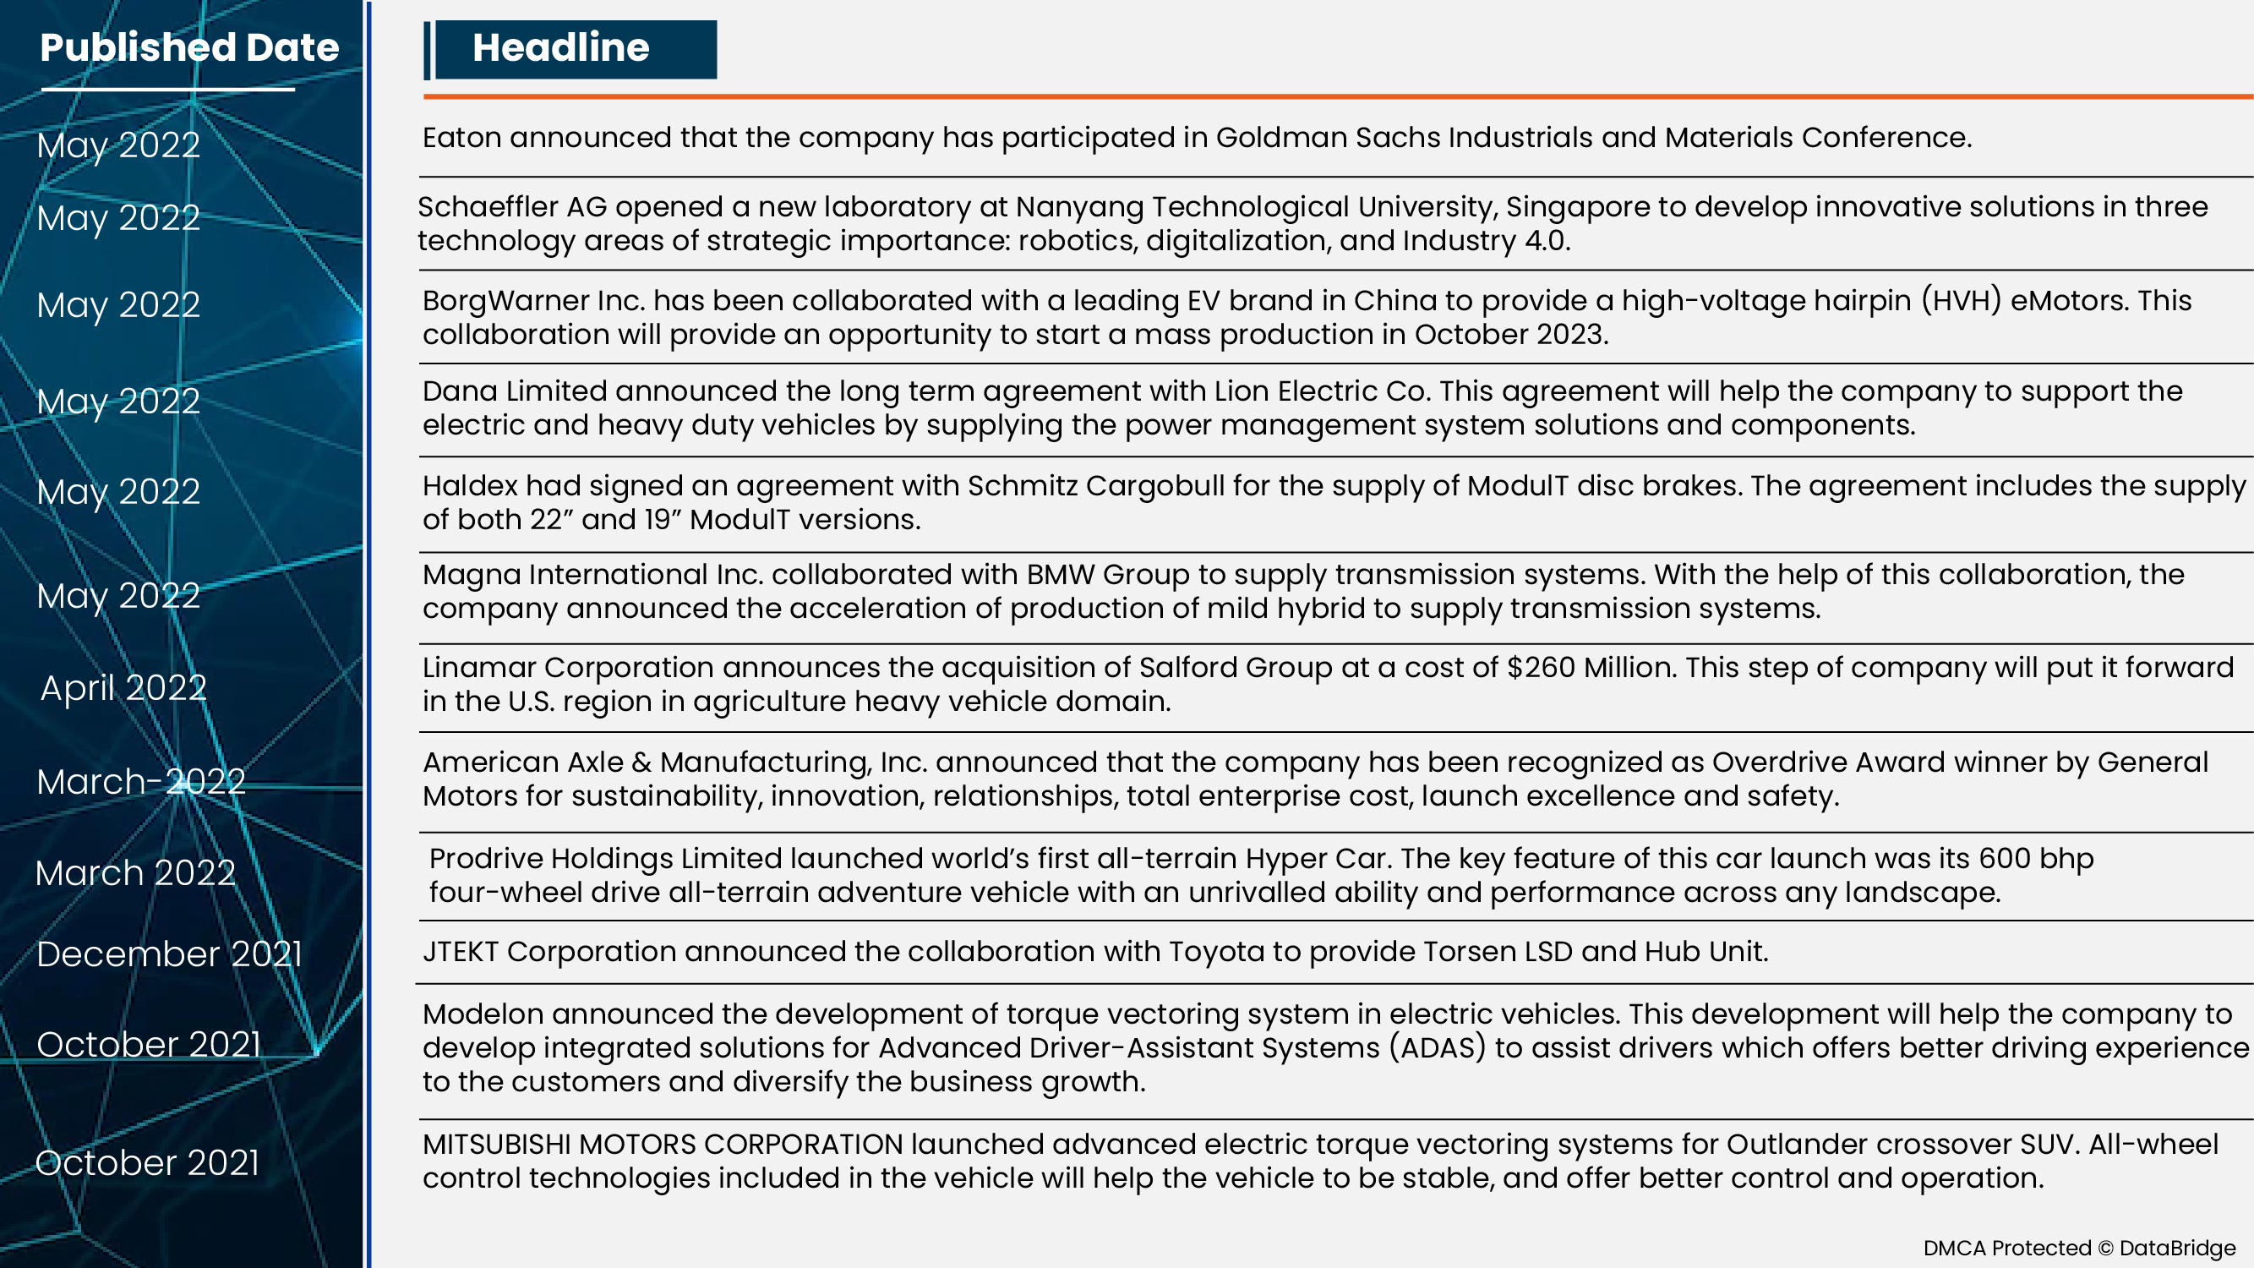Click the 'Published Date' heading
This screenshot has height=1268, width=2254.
189,47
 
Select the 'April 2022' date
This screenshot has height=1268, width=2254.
123,688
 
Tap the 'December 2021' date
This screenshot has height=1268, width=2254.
169,954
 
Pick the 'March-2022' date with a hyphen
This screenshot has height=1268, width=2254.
141,781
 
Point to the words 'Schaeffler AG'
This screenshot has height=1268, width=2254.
511,207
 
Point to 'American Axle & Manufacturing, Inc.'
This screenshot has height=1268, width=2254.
674,762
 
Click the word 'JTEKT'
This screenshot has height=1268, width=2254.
461,951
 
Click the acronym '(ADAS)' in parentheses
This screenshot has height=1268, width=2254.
1438,1047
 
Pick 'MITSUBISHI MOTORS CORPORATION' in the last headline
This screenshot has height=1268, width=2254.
662,1145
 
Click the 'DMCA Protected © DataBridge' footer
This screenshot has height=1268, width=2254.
2079,1248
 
